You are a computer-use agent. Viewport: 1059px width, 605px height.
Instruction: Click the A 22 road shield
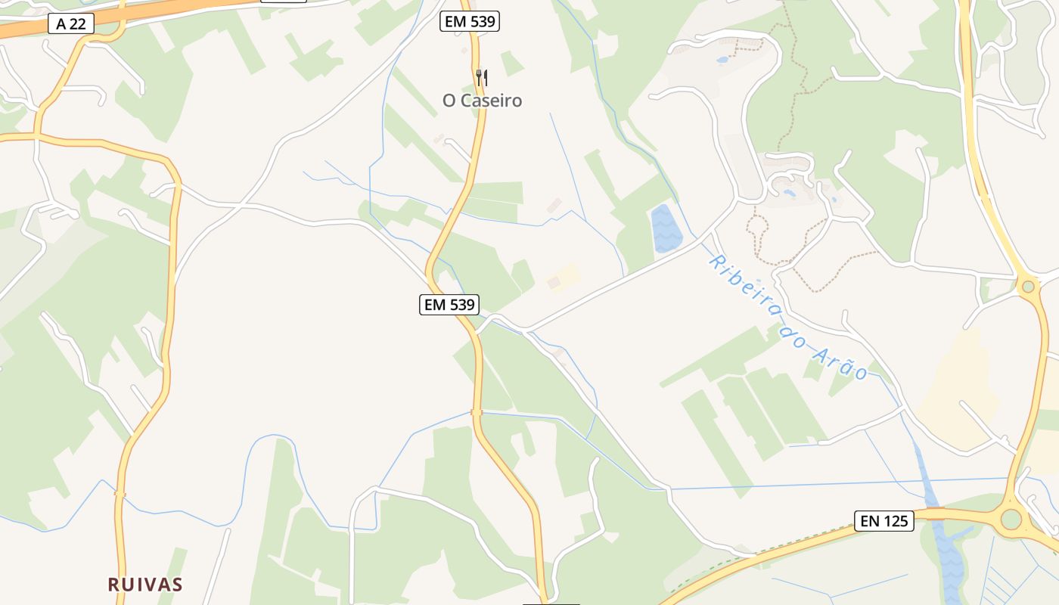pyautogui.click(x=71, y=23)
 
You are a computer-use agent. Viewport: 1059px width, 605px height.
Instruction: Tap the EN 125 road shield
pyautogui.click(x=884, y=520)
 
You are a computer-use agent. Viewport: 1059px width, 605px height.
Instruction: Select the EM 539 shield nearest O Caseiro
pyautogui.click(x=470, y=21)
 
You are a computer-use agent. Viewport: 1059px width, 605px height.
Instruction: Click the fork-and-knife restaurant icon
pyautogui.click(x=482, y=77)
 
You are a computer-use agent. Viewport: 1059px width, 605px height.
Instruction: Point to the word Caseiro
pyautogui.click(x=491, y=101)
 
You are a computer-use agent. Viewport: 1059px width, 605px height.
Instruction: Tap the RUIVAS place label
pyautogui.click(x=145, y=584)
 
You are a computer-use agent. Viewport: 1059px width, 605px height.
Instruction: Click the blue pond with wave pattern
pyautogui.click(x=665, y=229)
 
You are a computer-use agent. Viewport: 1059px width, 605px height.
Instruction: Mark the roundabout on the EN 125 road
pyautogui.click(x=1011, y=520)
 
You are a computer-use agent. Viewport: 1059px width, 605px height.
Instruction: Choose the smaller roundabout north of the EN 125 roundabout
pyautogui.click(x=1027, y=286)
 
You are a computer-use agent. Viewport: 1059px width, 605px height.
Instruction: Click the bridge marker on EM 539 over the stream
pyautogui.click(x=476, y=412)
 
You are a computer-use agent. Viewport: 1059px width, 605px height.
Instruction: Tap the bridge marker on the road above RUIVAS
pyautogui.click(x=120, y=495)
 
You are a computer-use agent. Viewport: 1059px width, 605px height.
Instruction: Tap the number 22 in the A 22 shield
pyautogui.click(x=77, y=23)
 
